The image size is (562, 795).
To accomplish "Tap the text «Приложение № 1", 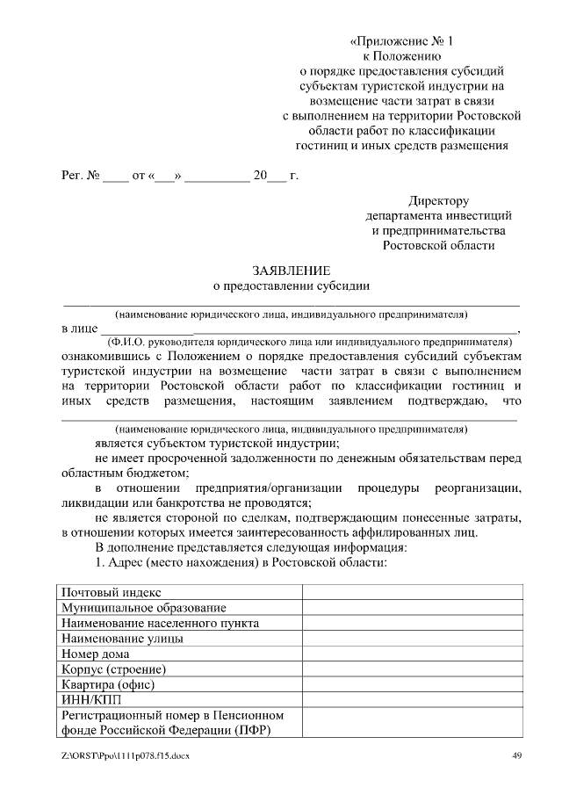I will (403, 40).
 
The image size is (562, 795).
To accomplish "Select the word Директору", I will (438, 200).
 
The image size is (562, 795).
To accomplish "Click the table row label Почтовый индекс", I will (111, 593).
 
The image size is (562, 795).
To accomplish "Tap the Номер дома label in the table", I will (96, 654).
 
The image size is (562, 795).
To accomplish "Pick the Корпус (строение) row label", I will (113, 669).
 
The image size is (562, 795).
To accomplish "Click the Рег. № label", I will (80, 176).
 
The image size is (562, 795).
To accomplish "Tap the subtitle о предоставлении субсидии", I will (292, 285).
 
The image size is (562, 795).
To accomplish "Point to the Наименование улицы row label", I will (122, 639).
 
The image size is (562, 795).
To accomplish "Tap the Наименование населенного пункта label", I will (160, 623).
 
